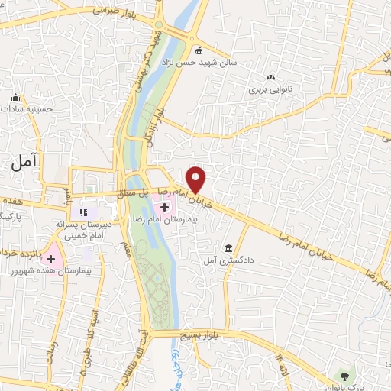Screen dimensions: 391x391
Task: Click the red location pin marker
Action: [x=197, y=179]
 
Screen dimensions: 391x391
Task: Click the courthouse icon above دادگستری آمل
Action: [x=229, y=249]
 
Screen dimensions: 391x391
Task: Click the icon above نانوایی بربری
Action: [x=270, y=77]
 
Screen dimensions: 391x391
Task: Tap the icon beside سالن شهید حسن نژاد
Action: [x=199, y=52]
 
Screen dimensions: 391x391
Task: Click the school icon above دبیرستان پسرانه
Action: [x=84, y=212]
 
